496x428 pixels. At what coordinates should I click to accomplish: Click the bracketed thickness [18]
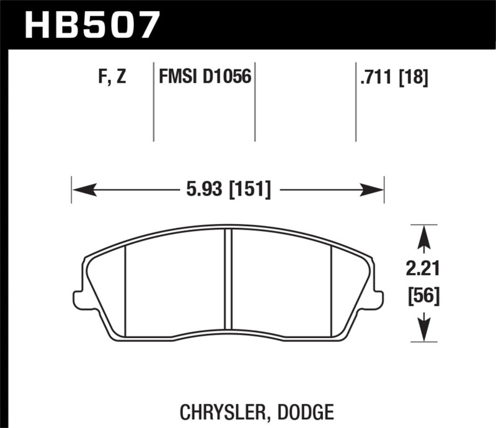[414, 78]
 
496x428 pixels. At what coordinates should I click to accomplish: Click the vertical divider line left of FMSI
[153, 102]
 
